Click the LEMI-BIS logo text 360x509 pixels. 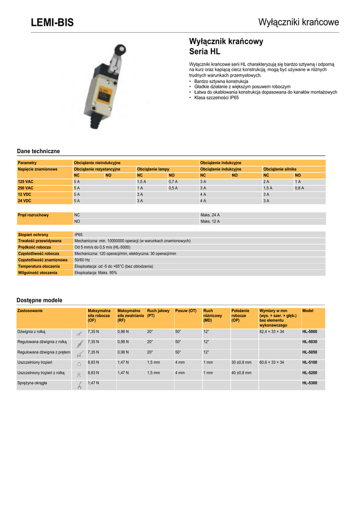[x=52, y=22]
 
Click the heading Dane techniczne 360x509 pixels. [x=38, y=151]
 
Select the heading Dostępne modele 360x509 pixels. [x=40, y=300]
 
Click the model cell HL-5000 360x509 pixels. [x=309, y=332]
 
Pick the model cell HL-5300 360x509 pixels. [x=309, y=383]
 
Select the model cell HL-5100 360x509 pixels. [x=309, y=362]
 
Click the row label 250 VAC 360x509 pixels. [x=26, y=188]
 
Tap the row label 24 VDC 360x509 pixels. [x=25, y=201]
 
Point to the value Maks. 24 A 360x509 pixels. [x=210, y=215]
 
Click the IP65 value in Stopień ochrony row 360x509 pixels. [x=79, y=235]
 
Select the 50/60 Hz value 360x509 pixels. [x=82, y=260]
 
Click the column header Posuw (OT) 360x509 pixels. [x=185, y=311]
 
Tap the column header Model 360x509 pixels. [x=308, y=311]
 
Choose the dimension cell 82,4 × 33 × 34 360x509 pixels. [x=271, y=332]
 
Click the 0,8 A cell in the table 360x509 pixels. [x=299, y=188]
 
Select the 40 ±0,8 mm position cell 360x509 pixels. [x=241, y=373]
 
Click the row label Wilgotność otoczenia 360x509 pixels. [x=37, y=273]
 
